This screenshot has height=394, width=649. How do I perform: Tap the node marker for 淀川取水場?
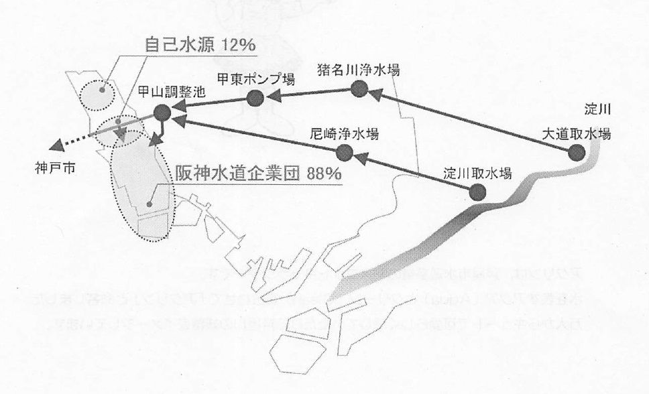(x=477, y=192)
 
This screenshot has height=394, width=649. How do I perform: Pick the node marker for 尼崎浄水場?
(x=345, y=153)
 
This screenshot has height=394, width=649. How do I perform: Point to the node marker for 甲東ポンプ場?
(x=255, y=98)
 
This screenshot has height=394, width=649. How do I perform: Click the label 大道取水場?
(x=576, y=133)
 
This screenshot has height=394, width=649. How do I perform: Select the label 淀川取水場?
(x=477, y=173)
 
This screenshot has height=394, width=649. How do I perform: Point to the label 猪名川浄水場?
(x=359, y=69)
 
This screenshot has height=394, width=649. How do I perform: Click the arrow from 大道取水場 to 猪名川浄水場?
(x=469, y=121)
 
